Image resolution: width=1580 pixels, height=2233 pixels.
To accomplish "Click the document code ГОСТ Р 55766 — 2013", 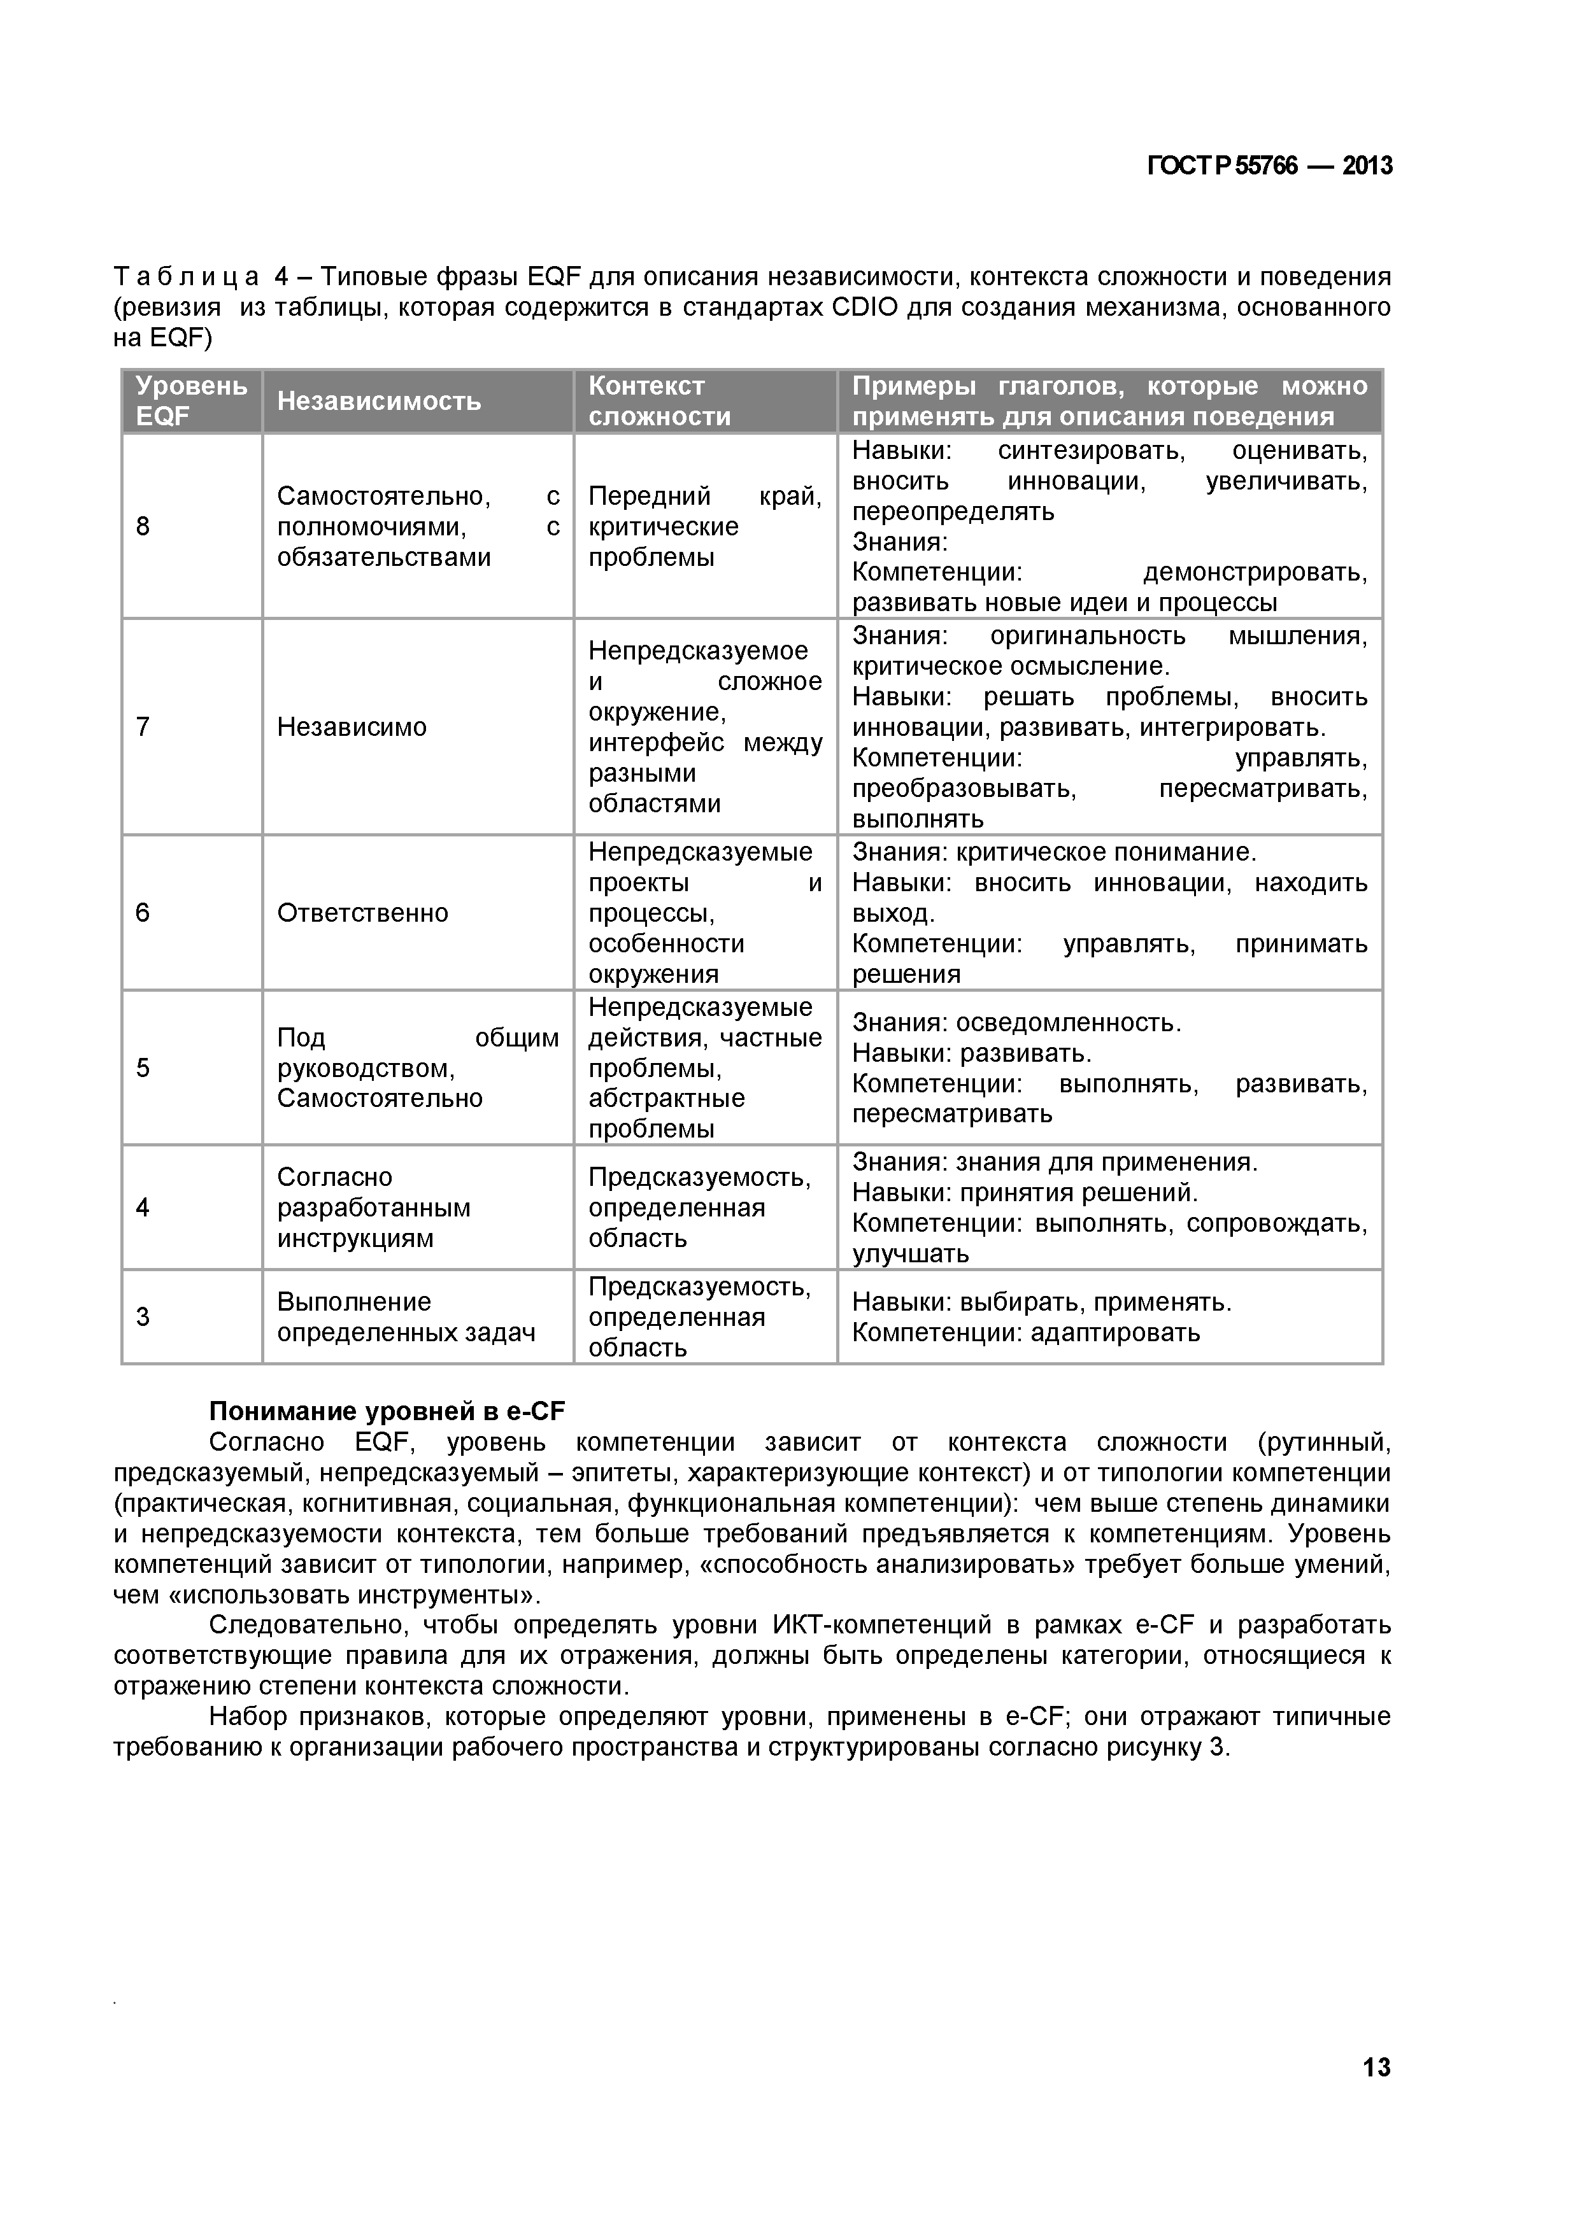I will click(x=1270, y=166).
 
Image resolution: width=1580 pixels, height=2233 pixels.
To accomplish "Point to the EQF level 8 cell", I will click(x=143, y=526).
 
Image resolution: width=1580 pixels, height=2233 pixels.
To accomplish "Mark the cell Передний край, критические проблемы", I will click(x=704, y=526).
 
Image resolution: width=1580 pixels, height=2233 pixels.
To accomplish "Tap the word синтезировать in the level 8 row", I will click(x=1091, y=450).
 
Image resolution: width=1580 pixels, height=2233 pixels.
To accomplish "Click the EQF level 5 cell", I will click(x=143, y=1068).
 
